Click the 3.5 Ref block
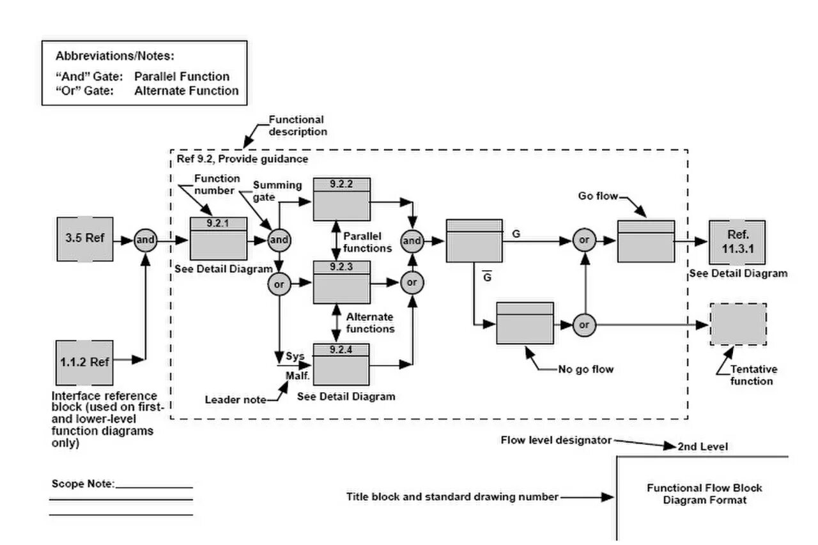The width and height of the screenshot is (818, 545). pyautogui.click(x=85, y=240)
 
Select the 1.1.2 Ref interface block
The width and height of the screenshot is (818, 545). pyautogui.click(x=85, y=361)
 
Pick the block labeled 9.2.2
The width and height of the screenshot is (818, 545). pyautogui.click(x=342, y=199)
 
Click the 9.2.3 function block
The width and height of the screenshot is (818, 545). pyautogui.click(x=342, y=282)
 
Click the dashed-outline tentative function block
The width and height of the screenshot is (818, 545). pyautogui.click(x=738, y=325)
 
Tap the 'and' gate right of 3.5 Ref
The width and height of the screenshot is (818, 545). pyautogui.click(x=146, y=240)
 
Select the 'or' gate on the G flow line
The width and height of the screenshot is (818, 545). pyautogui.click(x=583, y=241)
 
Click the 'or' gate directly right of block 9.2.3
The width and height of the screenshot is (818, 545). pyautogui.click(x=412, y=282)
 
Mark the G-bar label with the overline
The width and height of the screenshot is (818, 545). pyautogui.click(x=486, y=277)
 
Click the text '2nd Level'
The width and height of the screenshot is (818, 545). pyautogui.click(x=702, y=447)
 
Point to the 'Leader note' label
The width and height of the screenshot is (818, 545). pyautogui.click(x=235, y=400)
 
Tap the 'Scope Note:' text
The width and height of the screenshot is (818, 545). pyautogui.click(x=82, y=484)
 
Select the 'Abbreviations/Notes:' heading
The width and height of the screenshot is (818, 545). pyautogui.click(x=115, y=56)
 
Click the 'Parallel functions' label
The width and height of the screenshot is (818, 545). pyautogui.click(x=367, y=242)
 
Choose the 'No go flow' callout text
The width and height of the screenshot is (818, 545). pyautogui.click(x=585, y=369)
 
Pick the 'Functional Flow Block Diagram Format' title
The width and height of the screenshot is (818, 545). pyautogui.click(x=704, y=494)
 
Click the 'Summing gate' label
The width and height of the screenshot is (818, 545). pyautogui.click(x=277, y=190)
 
